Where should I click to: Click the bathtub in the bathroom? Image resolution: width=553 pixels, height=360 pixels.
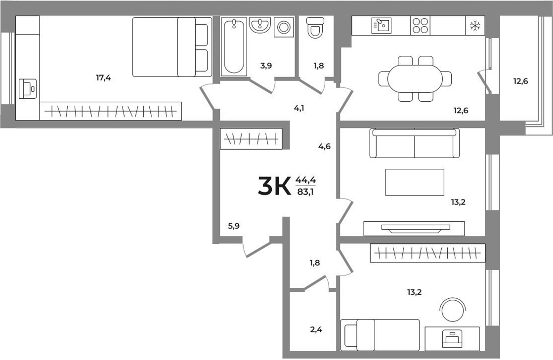coord(233,47)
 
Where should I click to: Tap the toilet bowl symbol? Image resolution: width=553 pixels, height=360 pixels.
coord(315,28)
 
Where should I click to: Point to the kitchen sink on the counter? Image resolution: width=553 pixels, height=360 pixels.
coord(382,26)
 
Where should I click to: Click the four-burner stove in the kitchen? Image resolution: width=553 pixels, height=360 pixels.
coord(420,26)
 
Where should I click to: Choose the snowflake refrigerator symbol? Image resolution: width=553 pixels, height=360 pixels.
coord(474,26)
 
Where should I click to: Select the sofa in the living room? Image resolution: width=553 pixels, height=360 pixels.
coord(415,143)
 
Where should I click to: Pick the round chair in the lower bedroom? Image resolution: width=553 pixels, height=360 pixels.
coord(453,310)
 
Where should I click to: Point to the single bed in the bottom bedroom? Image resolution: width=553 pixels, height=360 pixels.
coord(380,334)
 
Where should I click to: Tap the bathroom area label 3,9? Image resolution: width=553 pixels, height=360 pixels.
coord(266,66)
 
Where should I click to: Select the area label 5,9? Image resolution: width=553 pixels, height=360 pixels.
coord(234,226)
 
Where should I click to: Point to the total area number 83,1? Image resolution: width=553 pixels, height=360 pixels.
coord(305,193)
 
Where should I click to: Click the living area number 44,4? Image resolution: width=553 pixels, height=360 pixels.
coord(305,180)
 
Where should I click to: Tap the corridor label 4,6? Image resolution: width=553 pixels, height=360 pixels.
coord(324,146)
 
